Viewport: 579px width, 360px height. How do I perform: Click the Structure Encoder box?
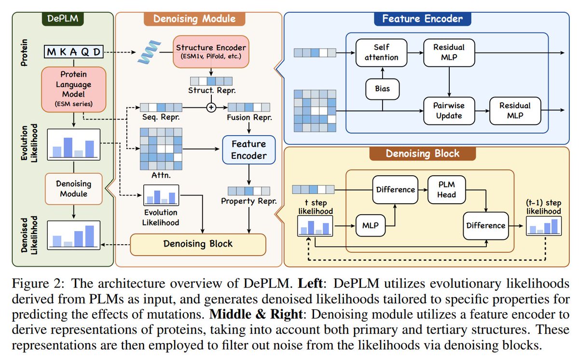[211, 52]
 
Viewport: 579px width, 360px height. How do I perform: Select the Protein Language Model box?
[74, 89]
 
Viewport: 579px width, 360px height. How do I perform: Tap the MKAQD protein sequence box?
[74, 52]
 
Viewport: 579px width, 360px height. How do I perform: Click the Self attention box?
[381, 53]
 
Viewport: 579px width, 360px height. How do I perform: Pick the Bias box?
[382, 89]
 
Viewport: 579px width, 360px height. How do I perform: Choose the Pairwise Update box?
[449, 111]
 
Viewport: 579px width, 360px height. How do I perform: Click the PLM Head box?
[446, 190]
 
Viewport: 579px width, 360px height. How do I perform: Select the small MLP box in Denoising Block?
[371, 226]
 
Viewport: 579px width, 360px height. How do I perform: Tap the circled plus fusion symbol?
[211, 107]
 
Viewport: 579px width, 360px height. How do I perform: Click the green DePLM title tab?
[63, 19]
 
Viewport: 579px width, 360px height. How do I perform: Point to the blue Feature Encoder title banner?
[422, 19]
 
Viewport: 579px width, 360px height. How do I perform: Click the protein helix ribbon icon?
[149, 53]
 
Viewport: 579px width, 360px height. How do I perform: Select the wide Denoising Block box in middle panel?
[198, 245]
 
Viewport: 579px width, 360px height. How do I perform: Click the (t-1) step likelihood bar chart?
[544, 226]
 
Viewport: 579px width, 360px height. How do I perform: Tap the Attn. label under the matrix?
[161, 175]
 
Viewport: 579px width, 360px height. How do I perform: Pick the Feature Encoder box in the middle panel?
[248, 150]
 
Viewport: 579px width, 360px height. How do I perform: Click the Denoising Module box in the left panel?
[74, 189]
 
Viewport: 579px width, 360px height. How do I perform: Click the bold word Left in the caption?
[310, 283]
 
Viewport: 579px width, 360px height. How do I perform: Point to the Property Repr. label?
[248, 201]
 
